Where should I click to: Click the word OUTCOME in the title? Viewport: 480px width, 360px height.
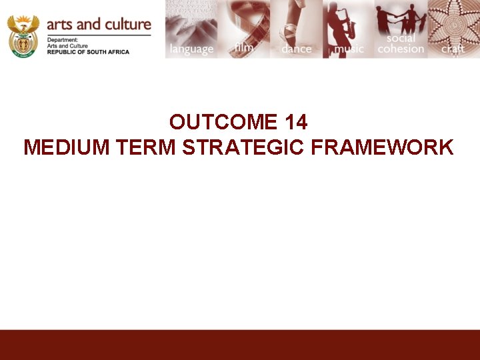click(223, 122)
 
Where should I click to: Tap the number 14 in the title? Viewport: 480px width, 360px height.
click(295, 122)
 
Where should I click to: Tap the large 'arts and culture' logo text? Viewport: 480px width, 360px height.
click(99, 24)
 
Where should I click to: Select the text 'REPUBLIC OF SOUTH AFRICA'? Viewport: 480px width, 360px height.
click(88, 51)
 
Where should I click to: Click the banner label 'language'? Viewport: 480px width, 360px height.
click(191, 49)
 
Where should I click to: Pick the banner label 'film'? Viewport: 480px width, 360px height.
click(244, 47)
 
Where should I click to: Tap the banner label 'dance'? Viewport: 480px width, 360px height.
click(296, 49)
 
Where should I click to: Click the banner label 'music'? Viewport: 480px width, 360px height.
click(349, 49)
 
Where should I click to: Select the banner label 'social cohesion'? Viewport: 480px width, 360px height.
click(401, 43)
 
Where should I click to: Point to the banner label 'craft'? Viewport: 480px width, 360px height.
click(453, 49)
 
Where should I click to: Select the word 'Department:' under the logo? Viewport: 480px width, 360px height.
click(61, 39)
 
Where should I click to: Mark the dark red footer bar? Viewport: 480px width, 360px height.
click(240, 345)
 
